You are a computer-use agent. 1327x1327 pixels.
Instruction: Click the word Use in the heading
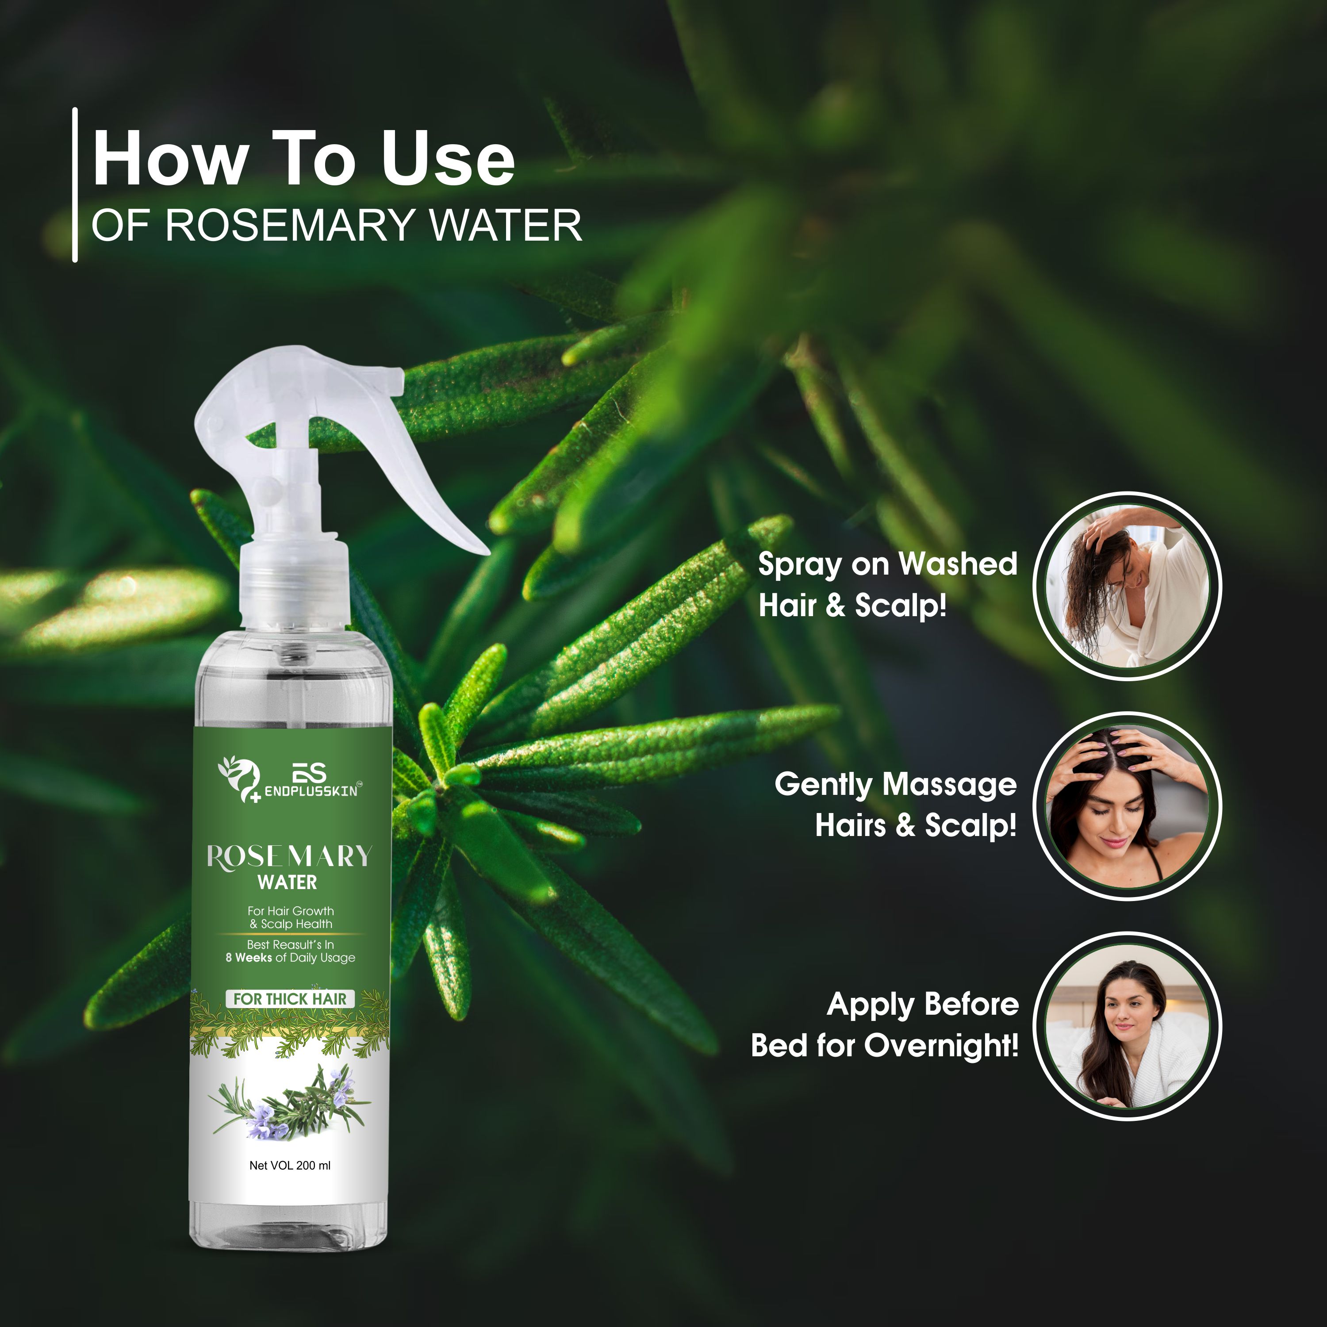(x=447, y=159)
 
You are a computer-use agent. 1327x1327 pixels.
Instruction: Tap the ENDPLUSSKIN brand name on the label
(x=311, y=791)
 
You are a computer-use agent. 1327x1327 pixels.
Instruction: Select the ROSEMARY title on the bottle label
(x=289, y=856)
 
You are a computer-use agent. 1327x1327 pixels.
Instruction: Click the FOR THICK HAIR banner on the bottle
(x=290, y=999)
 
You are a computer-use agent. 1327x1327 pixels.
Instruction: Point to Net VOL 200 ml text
(x=290, y=1166)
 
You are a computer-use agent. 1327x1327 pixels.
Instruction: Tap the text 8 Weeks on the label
(x=249, y=958)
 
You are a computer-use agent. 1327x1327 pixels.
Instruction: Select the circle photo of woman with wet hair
(x=1127, y=586)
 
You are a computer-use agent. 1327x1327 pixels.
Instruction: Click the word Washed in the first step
(x=958, y=564)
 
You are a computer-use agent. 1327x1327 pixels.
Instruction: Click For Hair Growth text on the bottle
(x=291, y=911)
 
